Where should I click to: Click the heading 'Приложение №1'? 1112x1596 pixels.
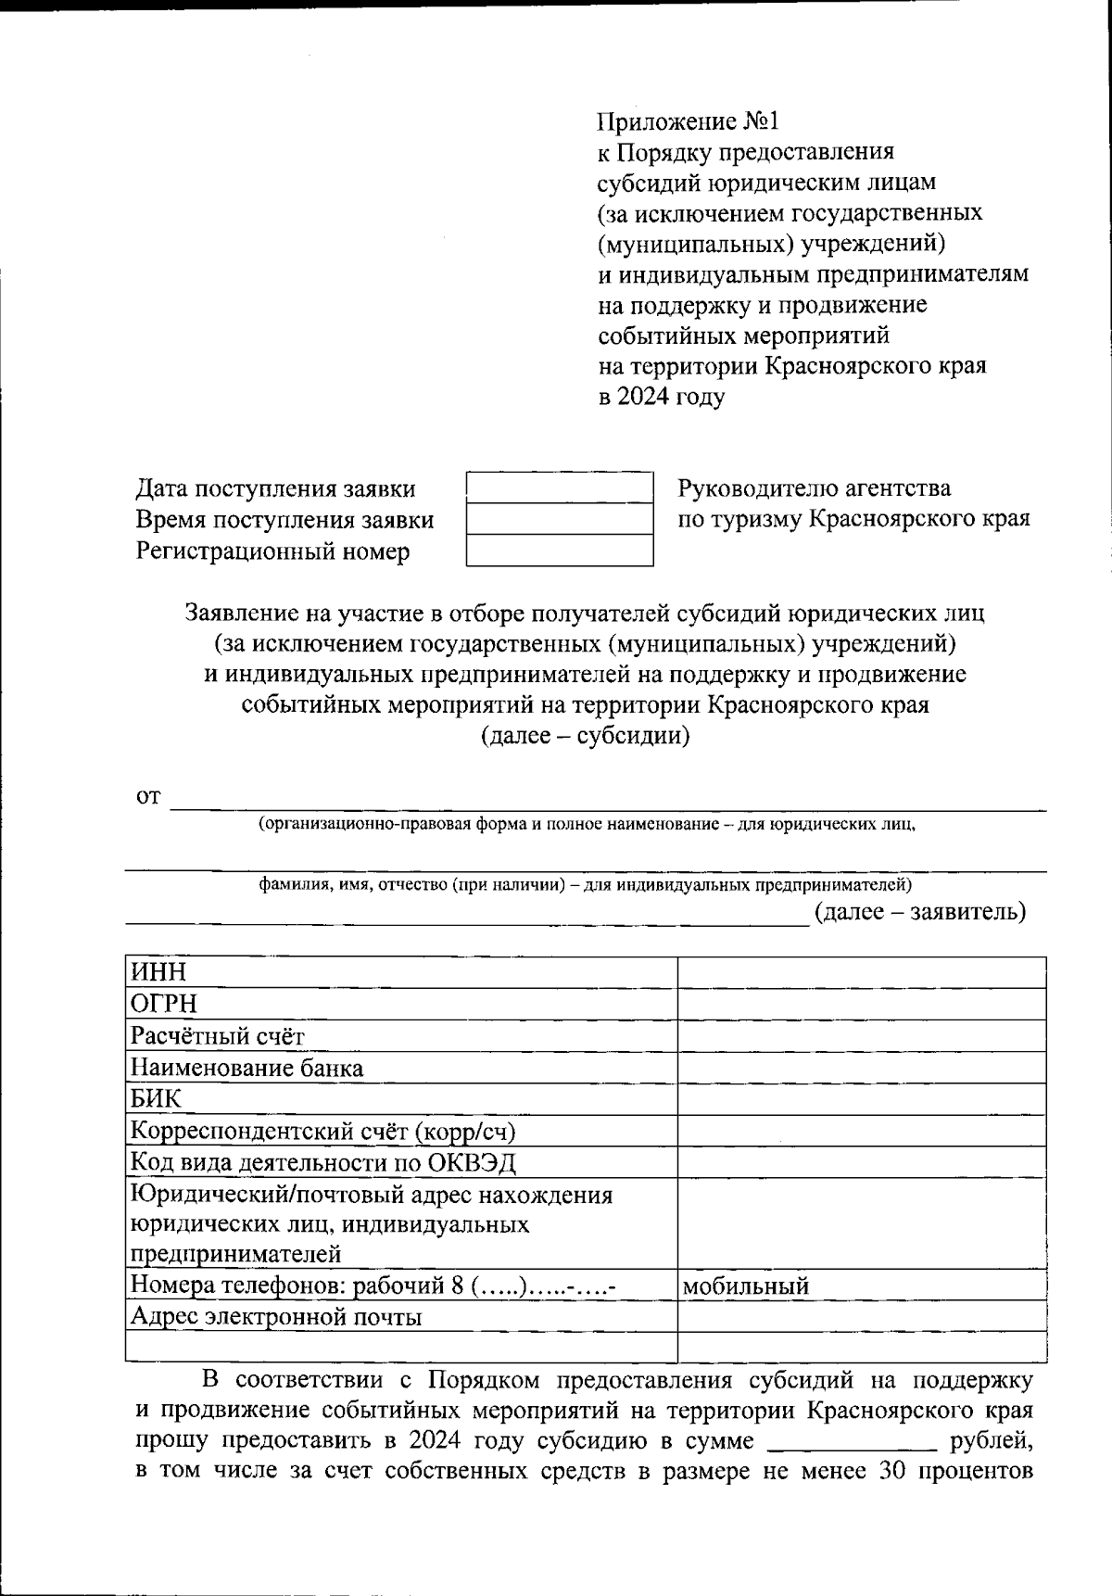tap(689, 121)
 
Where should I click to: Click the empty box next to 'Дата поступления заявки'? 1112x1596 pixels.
tap(560, 488)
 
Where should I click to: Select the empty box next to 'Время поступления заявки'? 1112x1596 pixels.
tap(560, 519)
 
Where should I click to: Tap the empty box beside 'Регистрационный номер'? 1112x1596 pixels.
tap(560, 551)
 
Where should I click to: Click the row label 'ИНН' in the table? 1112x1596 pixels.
tap(158, 972)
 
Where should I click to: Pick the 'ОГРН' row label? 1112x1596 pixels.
tap(164, 1004)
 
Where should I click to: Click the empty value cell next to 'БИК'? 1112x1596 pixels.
tap(862, 1099)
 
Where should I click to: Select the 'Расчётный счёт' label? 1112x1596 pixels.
tap(218, 1036)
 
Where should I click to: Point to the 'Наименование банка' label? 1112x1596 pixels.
tap(246, 1068)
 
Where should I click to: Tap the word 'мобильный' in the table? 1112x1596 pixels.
tap(746, 1286)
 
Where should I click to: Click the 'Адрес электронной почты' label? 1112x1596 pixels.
tap(276, 1317)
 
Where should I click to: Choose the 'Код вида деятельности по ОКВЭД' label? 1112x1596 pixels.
tap(322, 1162)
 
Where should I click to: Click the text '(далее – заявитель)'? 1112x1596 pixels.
tap(920, 911)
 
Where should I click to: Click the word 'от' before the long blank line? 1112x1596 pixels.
tap(148, 796)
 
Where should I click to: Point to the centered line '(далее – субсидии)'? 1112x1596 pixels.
tap(585, 736)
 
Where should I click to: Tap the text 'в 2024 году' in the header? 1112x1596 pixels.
tap(662, 397)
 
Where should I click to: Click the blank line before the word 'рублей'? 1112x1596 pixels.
tap(852, 1442)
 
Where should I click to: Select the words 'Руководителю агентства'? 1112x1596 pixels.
tap(815, 488)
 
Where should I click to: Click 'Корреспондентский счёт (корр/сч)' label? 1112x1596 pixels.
tap(322, 1131)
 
